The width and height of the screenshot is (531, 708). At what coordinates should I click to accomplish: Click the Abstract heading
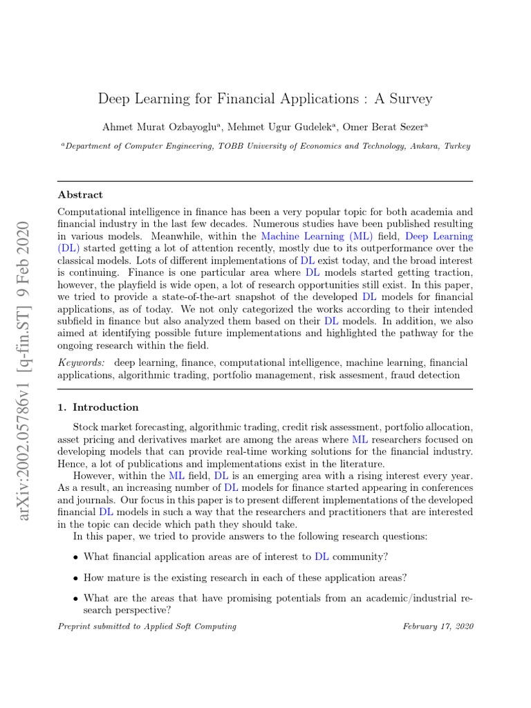[80, 195]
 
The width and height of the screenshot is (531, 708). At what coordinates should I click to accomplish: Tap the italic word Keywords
[81, 362]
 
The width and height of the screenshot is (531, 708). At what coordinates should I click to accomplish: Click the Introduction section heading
[105, 407]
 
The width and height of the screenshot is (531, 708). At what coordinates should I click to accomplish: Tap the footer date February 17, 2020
[438, 626]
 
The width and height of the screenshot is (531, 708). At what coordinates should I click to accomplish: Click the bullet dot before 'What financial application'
[75, 557]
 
